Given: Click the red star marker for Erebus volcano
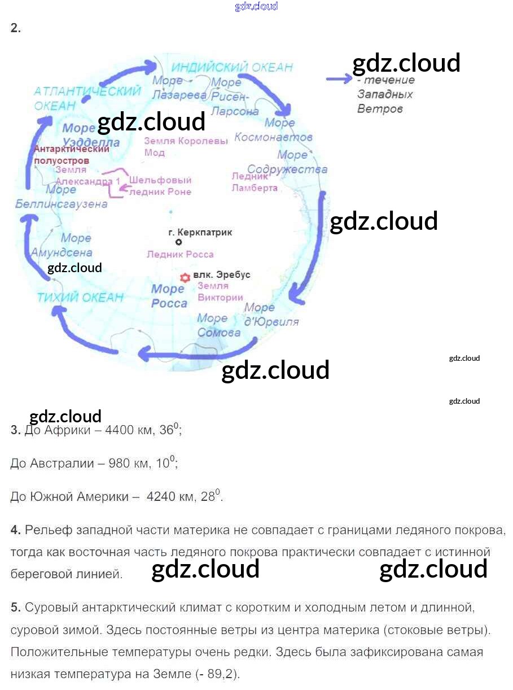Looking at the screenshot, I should [184, 278].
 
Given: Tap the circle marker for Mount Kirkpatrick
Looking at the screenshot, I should [179, 242].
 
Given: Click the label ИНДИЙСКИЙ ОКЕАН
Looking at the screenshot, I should [232, 67].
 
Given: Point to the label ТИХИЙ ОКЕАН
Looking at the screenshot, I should [80, 298].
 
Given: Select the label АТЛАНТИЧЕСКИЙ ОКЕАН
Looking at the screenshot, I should [87, 98].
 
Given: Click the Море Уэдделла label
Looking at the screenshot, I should [91, 134].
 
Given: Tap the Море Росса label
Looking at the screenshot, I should [169, 296].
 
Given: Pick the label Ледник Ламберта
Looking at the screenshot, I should [255, 182].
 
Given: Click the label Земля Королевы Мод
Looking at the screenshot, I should [186, 146].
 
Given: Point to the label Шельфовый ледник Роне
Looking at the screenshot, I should [160, 186].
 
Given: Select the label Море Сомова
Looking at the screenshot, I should [218, 325].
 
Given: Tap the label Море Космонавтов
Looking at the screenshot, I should [273, 130].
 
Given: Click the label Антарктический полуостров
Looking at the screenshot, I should [71, 155].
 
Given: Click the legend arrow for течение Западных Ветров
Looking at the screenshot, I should [339, 80].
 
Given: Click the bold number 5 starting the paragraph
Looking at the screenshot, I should [15, 608].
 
